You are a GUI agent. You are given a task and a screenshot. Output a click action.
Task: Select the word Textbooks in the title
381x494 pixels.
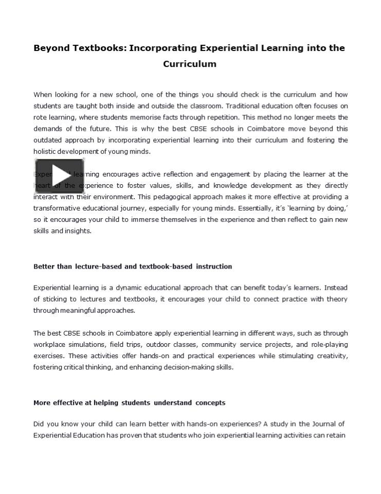pyautogui.click(x=101, y=48)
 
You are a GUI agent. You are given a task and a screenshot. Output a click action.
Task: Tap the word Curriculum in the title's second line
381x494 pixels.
pyautogui.click(x=190, y=64)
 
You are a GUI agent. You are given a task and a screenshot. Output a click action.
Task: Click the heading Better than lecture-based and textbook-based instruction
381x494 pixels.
pyautogui.click(x=133, y=267)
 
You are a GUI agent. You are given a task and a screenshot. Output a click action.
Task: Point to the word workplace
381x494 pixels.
pyautogui.click(x=50, y=344)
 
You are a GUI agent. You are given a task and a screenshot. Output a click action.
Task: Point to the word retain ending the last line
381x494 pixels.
pyautogui.click(x=337, y=435)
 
